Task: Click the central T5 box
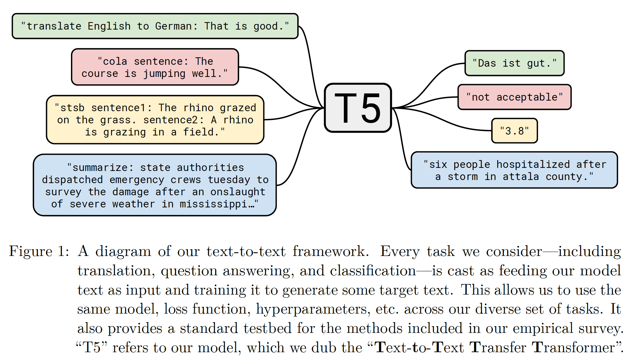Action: point(358,108)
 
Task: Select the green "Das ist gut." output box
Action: point(514,63)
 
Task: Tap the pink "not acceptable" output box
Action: point(514,97)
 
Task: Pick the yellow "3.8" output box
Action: point(514,131)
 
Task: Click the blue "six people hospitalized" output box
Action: point(514,170)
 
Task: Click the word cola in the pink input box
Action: point(115,61)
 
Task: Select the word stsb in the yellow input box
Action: point(72,108)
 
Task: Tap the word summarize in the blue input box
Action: point(100,168)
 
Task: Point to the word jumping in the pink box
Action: point(164,74)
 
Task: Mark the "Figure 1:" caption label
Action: point(39,251)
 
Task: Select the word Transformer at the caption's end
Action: point(573,348)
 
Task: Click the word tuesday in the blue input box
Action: point(229,180)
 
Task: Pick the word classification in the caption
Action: point(373,271)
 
